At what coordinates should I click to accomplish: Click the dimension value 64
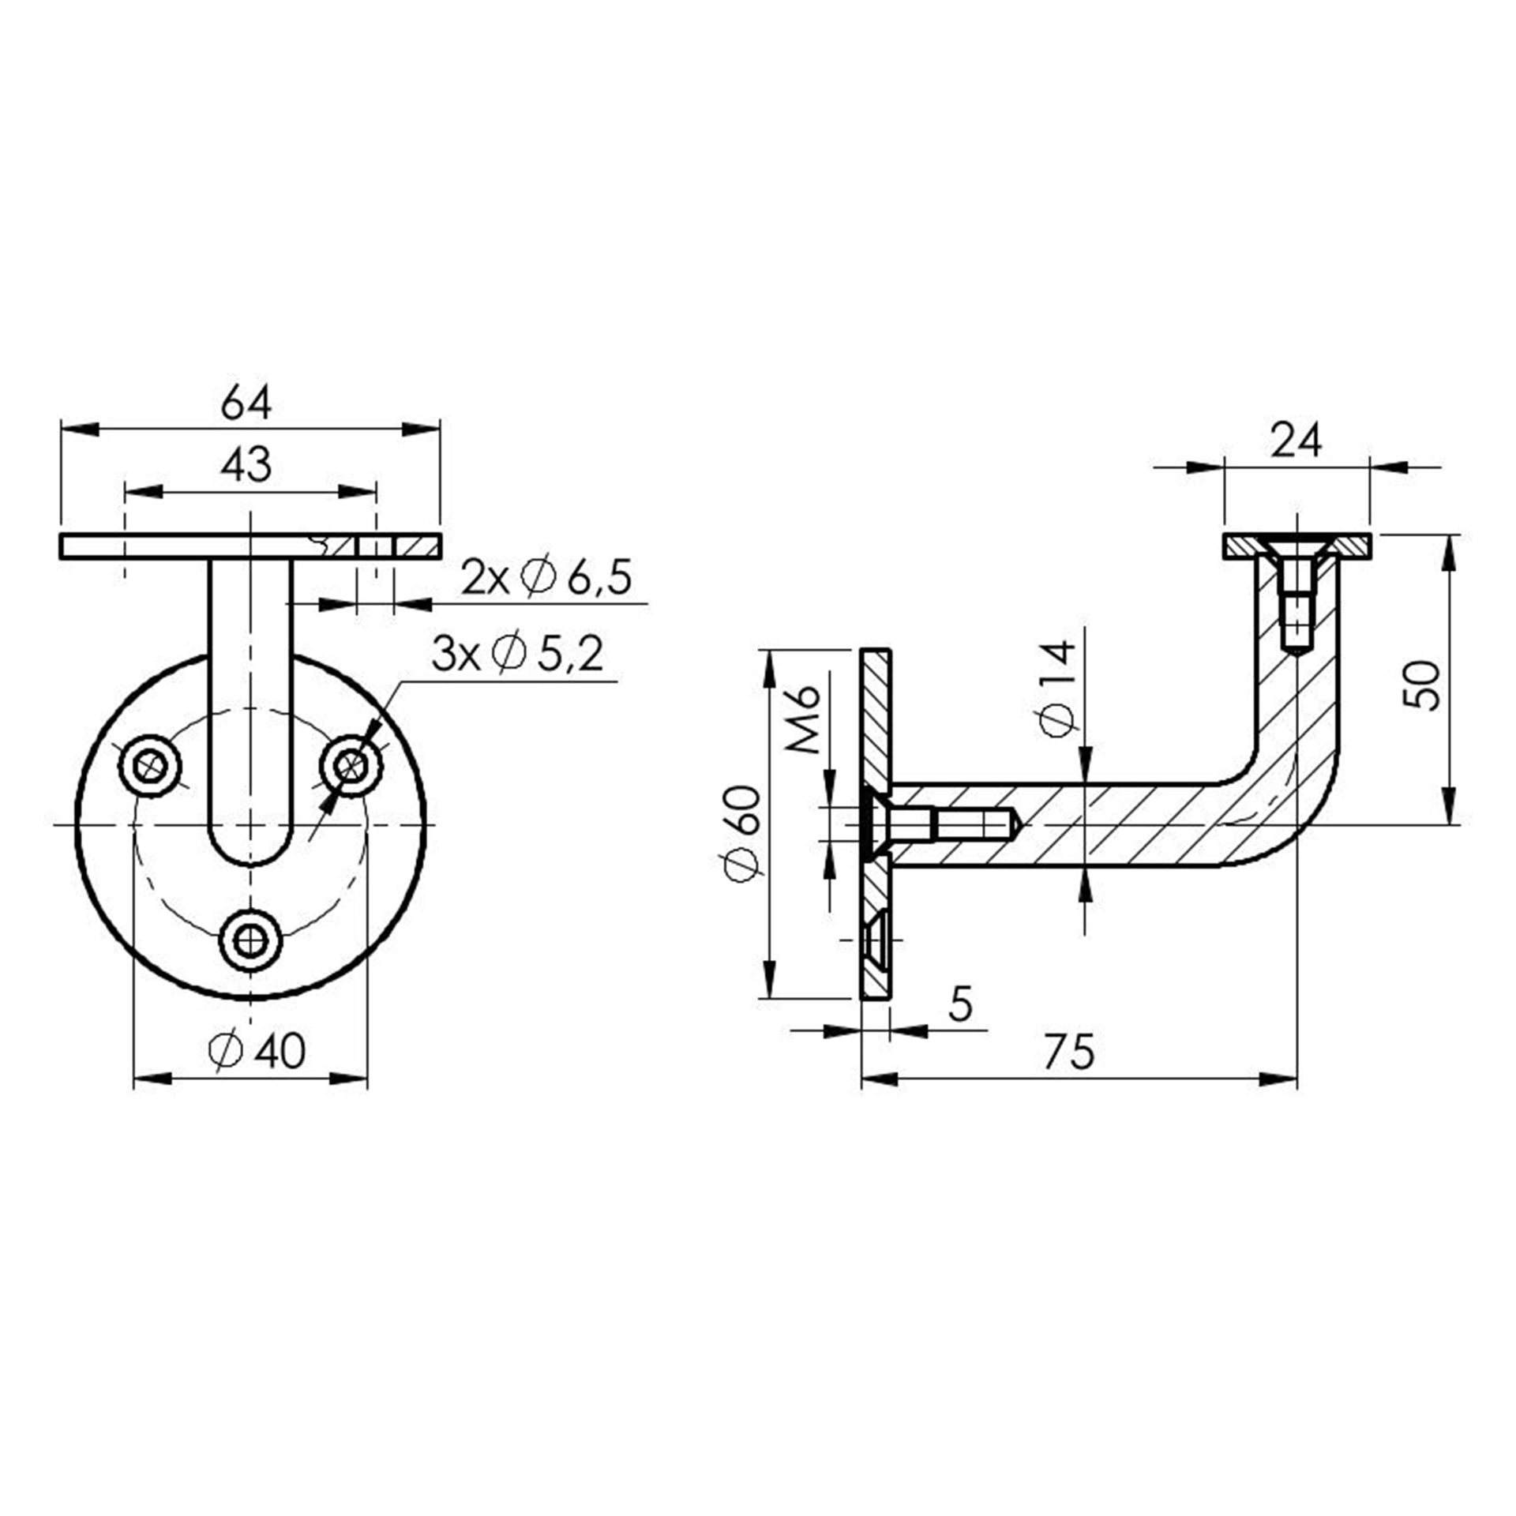tap(246, 403)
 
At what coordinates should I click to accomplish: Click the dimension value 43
tap(246, 465)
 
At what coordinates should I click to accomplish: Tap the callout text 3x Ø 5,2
tap(517, 654)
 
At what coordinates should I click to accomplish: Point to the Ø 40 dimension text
tap(257, 1051)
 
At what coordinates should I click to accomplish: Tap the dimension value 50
tap(1424, 685)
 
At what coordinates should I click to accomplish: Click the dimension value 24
tap(1296, 441)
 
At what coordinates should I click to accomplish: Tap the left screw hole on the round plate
tap(150, 765)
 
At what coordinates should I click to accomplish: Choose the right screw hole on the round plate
tap(351, 765)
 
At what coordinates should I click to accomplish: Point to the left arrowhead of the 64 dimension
tap(80, 429)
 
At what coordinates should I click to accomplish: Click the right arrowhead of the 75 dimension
tap(1278, 1079)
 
